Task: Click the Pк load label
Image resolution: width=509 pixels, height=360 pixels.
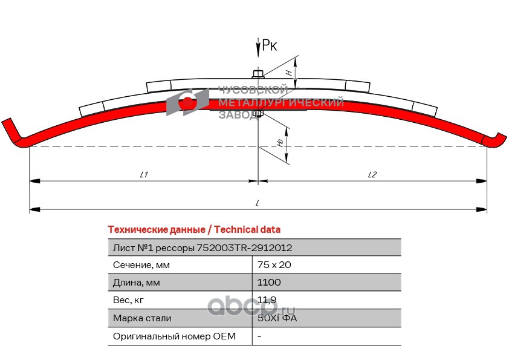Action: tap(270, 45)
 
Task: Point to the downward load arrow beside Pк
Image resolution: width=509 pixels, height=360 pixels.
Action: tap(258, 48)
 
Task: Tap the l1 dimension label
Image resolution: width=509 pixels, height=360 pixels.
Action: tap(144, 174)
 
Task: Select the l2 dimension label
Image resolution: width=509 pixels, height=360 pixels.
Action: tap(372, 174)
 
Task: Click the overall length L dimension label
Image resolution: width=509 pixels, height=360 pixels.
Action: tap(258, 203)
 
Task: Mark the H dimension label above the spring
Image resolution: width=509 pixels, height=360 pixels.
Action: tap(289, 72)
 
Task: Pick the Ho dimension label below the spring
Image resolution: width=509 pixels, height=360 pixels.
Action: tap(280, 142)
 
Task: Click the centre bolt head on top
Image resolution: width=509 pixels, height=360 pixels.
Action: tap(258, 74)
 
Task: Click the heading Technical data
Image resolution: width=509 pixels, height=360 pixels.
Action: tap(193, 229)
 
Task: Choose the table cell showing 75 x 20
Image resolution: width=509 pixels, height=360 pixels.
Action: tap(270, 264)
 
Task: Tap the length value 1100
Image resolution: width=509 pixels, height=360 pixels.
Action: tap(269, 282)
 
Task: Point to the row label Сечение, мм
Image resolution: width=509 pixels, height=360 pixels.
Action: tap(141, 264)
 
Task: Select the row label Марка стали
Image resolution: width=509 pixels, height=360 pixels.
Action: tap(142, 318)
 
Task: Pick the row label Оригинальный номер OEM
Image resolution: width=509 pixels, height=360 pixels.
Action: tap(174, 336)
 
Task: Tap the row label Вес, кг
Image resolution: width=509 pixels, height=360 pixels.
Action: tap(129, 299)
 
